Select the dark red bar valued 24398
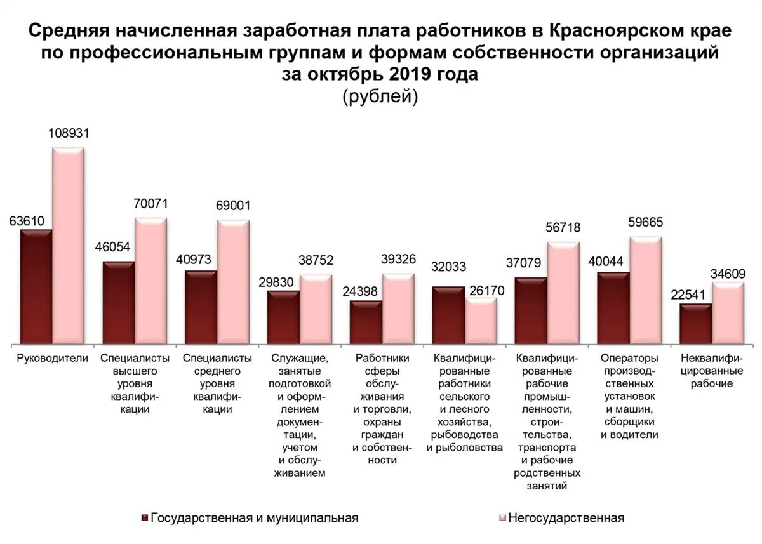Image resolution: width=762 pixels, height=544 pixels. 366,322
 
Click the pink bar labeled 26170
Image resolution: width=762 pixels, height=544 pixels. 481,321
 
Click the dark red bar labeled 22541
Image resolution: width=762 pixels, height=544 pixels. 695,324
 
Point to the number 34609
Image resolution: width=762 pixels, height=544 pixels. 728,274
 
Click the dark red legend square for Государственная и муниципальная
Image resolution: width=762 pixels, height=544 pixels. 145,518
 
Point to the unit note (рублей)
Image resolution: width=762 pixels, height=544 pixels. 380,96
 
